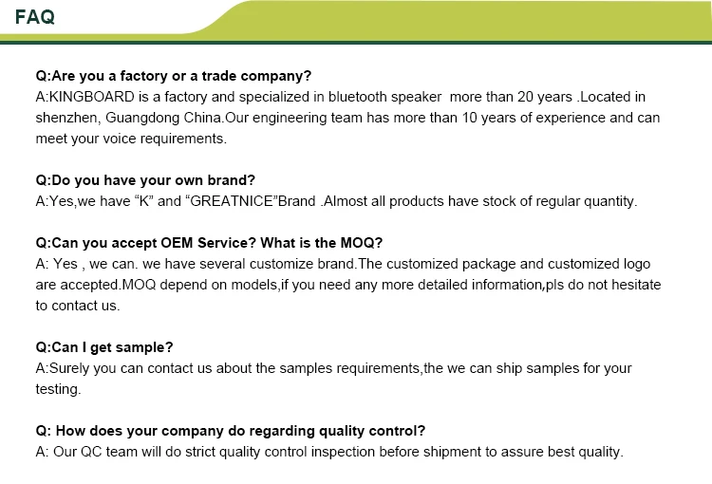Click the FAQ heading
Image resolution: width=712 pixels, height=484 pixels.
click(x=35, y=17)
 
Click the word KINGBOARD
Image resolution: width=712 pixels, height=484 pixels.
click(x=92, y=97)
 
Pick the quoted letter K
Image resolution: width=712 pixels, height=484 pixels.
click(x=144, y=201)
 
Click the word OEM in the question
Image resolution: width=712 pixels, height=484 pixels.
click(x=178, y=243)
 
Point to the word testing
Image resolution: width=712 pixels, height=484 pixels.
click(x=57, y=389)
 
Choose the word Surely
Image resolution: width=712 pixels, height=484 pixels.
click(x=69, y=368)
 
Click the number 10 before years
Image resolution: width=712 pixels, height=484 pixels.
click(x=470, y=118)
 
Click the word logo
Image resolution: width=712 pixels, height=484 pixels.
click(x=637, y=264)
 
